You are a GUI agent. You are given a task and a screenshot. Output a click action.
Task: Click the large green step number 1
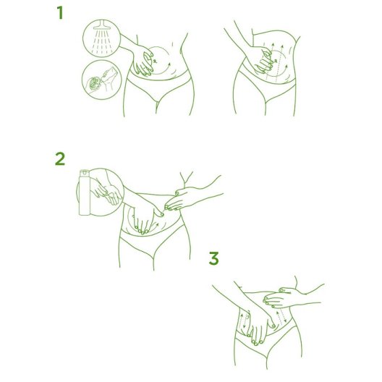pos(60,13)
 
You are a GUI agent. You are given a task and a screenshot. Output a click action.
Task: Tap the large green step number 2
pos(60,159)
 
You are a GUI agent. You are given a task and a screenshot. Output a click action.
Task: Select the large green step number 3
pos(213,258)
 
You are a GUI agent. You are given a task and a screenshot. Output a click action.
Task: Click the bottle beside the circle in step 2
pos(85,192)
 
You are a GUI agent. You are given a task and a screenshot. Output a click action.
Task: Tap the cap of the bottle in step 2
pos(85,173)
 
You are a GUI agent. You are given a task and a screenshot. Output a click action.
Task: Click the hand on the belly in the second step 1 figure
pos(262,61)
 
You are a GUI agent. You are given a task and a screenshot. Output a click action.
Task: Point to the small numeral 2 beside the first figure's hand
pos(155,61)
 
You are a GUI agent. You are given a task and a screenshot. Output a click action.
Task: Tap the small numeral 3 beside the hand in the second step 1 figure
pos(276,61)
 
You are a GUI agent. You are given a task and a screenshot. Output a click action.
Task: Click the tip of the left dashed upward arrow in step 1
pos(273,43)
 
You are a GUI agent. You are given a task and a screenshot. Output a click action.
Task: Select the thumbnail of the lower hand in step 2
pos(162,215)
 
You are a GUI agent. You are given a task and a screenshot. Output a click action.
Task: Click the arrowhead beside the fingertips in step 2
pos(157,224)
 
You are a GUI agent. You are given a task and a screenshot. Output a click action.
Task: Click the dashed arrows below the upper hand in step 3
pos(280,317)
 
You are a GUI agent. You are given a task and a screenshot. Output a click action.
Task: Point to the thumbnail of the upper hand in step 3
pos(281,290)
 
